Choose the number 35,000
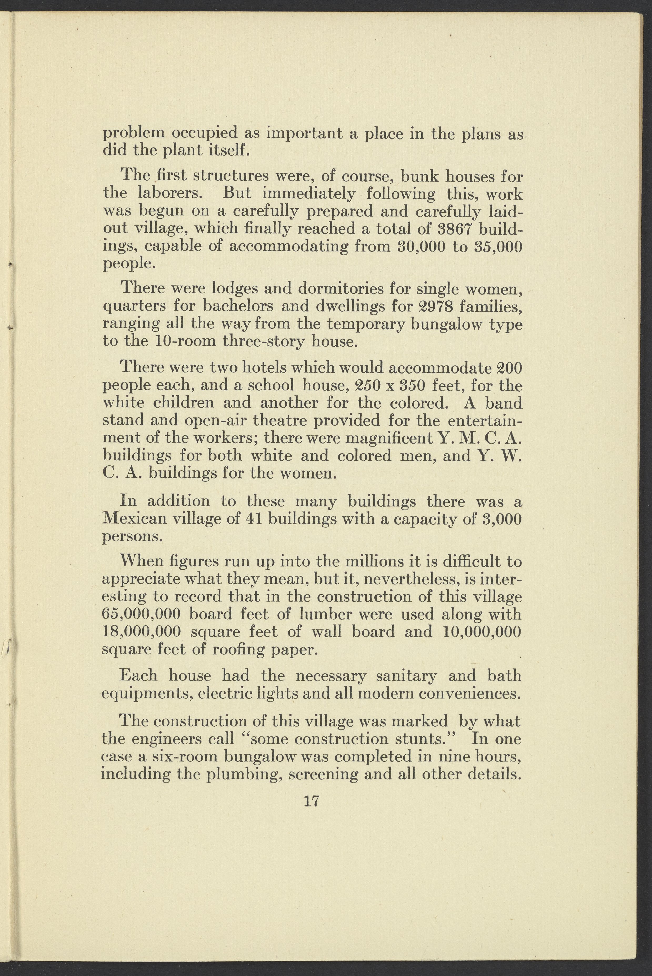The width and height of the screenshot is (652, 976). click(496, 246)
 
